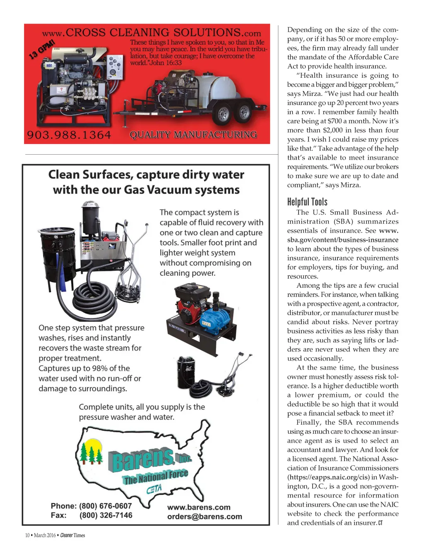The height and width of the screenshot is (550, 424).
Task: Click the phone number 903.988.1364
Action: [69, 135]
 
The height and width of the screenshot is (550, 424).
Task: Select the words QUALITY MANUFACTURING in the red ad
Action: [193, 135]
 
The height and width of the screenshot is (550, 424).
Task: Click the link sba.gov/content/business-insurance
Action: [343, 240]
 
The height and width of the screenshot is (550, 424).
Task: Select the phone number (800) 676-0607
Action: [106, 506]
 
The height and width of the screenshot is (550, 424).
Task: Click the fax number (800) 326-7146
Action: [106, 515]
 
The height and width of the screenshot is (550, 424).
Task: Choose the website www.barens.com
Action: [199, 507]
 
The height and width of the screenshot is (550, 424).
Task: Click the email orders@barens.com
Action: [205, 517]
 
